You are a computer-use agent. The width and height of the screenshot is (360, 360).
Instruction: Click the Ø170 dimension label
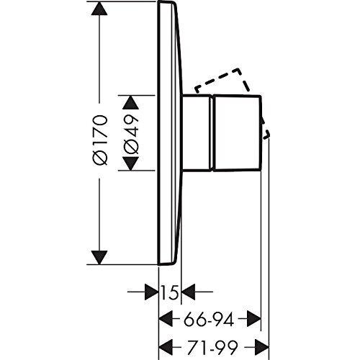pyautogui.click(x=100, y=140)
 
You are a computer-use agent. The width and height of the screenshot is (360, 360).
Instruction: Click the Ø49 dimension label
pyautogui.click(x=131, y=134)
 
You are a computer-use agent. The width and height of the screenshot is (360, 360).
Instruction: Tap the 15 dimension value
pyautogui.click(x=170, y=292)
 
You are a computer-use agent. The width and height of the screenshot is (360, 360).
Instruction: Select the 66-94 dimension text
pyautogui.click(x=209, y=320)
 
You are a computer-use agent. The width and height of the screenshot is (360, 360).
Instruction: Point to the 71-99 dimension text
pyautogui.click(x=212, y=347)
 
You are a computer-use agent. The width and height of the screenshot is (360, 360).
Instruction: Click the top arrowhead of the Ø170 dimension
pyautogui.click(x=99, y=9)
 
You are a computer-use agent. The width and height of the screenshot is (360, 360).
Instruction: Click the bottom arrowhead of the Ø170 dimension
pyautogui.click(x=99, y=258)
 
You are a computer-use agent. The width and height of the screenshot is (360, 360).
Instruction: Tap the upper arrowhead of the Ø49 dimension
pyautogui.click(x=131, y=103)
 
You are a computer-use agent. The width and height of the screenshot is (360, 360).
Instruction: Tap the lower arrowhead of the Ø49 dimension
pyautogui.click(x=131, y=163)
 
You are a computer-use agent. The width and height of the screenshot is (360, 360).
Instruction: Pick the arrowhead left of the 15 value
pyautogui.click(x=152, y=292)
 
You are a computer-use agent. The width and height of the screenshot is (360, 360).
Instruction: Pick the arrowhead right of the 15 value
pyautogui.click(x=188, y=292)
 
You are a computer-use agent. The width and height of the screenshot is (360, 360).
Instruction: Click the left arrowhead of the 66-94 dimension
pyautogui.click(x=166, y=319)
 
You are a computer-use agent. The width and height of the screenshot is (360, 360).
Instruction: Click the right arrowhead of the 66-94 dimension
pyautogui.click(x=254, y=319)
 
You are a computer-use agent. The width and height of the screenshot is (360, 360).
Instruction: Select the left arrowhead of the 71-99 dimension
pyautogui.click(x=166, y=347)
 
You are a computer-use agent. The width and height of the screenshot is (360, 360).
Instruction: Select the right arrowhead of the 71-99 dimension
pyautogui.click(x=262, y=347)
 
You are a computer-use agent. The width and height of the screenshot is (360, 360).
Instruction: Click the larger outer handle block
pyautogui.click(x=237, y=133)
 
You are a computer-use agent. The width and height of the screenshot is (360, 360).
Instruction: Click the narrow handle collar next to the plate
pyautogui.click(x=197, y=133)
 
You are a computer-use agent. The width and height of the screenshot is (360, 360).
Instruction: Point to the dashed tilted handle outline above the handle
pyautogui.click(x=222, y=80)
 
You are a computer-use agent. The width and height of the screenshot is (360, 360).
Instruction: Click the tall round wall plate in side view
pyautogui.click(x=170, y=133)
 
